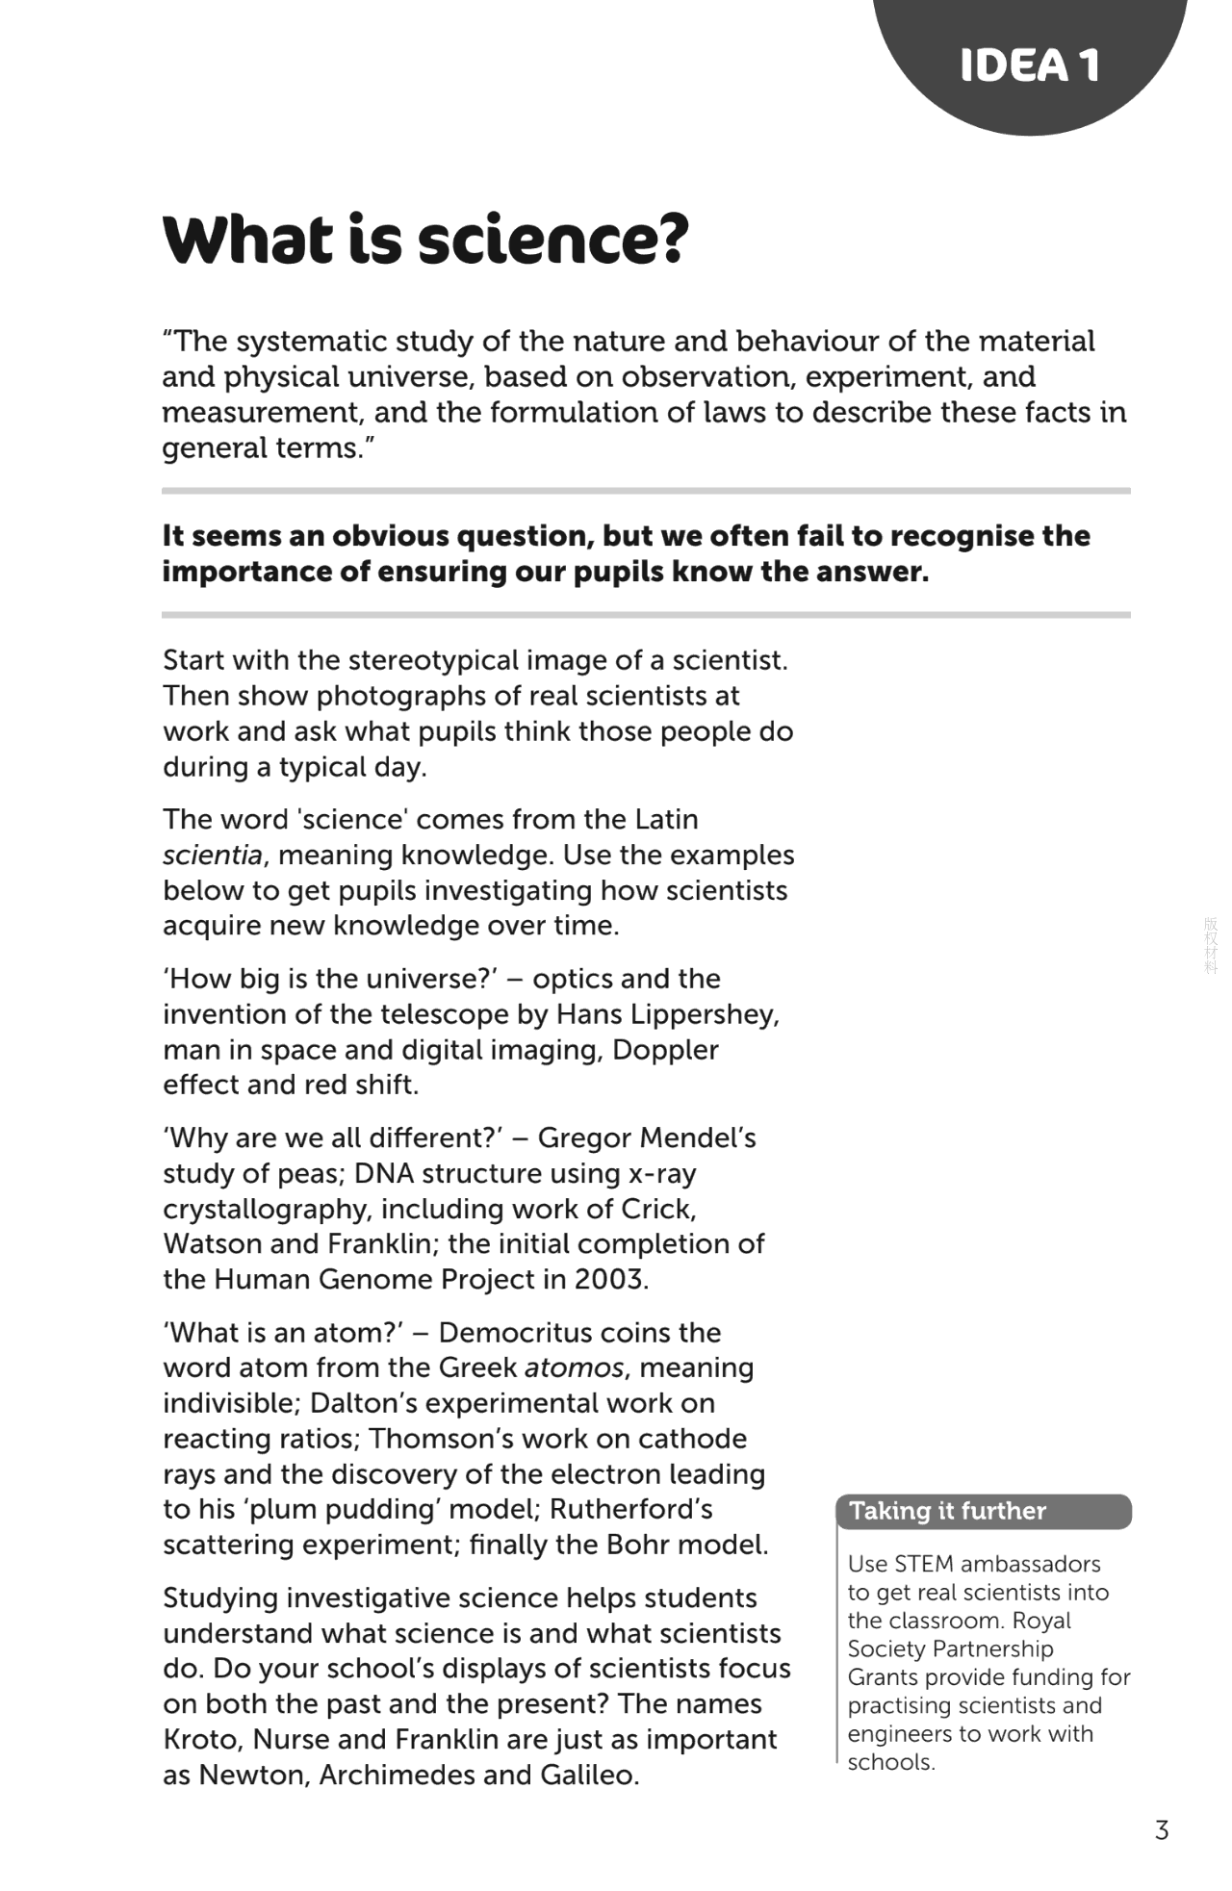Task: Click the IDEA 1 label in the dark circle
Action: click(x=1029, y=65)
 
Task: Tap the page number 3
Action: click(x=1162, y=1829)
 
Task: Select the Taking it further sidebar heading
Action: click(x=947, y=1511)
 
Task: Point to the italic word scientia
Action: click(x=212, y=855)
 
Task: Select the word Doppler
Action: click(x=665, y=1049)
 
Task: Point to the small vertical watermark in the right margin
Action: click(x=1211, y=945)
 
